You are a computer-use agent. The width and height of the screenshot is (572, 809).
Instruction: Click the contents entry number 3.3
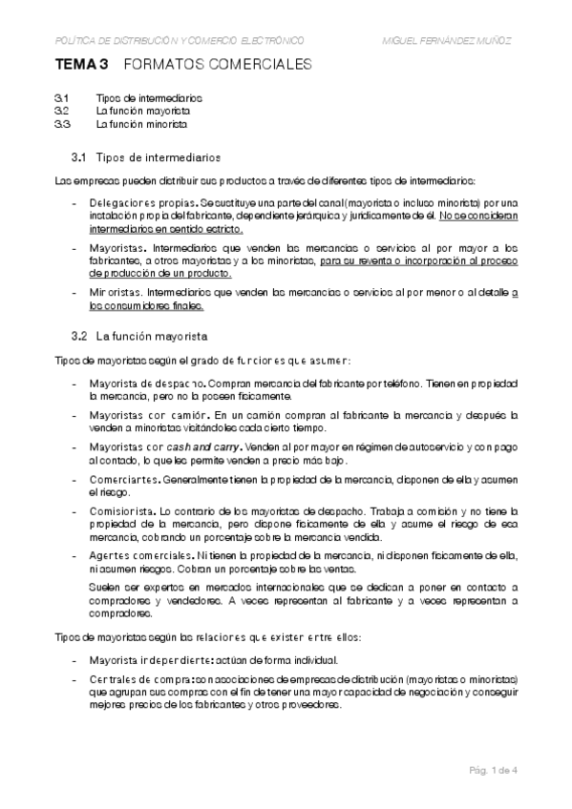point(62,124)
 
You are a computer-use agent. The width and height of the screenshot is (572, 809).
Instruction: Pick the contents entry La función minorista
point(142,124)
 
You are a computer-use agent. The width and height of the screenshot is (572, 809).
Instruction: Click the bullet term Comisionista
point(121,509)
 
